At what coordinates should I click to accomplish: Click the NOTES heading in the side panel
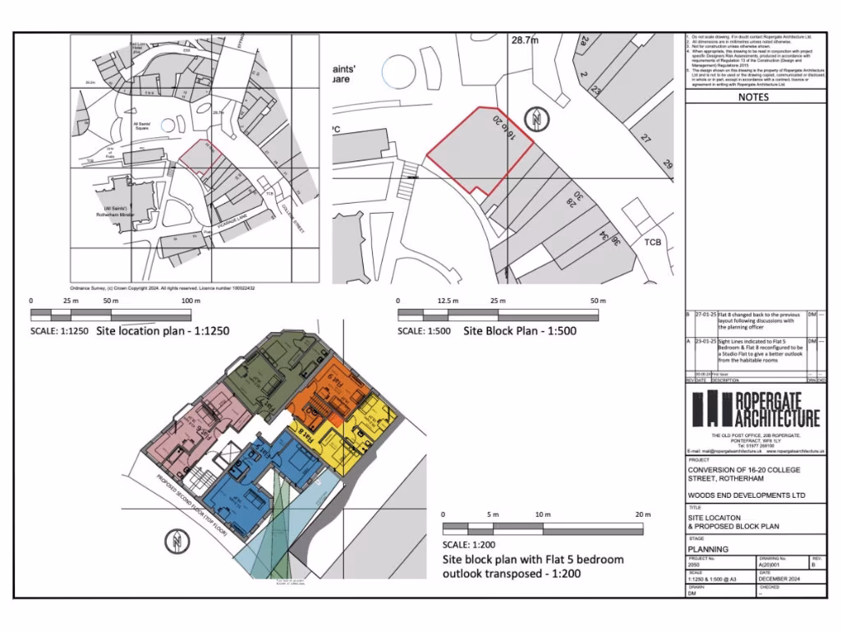click(753, 97)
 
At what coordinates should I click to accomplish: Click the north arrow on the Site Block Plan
click(535, 119)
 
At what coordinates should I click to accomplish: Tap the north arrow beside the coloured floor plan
click(176, 541)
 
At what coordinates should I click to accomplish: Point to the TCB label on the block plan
click(653, 242)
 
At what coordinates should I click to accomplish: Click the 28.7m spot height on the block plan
click(526, 39)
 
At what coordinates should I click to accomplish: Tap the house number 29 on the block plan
click(668, 165)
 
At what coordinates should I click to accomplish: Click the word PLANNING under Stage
click(708, 550)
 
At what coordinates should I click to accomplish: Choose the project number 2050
click(695, 565)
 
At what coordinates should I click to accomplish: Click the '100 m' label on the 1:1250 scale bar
click(191, 302)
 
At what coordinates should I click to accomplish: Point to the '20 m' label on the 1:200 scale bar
click(641, 514)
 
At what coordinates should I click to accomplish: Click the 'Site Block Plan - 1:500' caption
click(520, 331)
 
